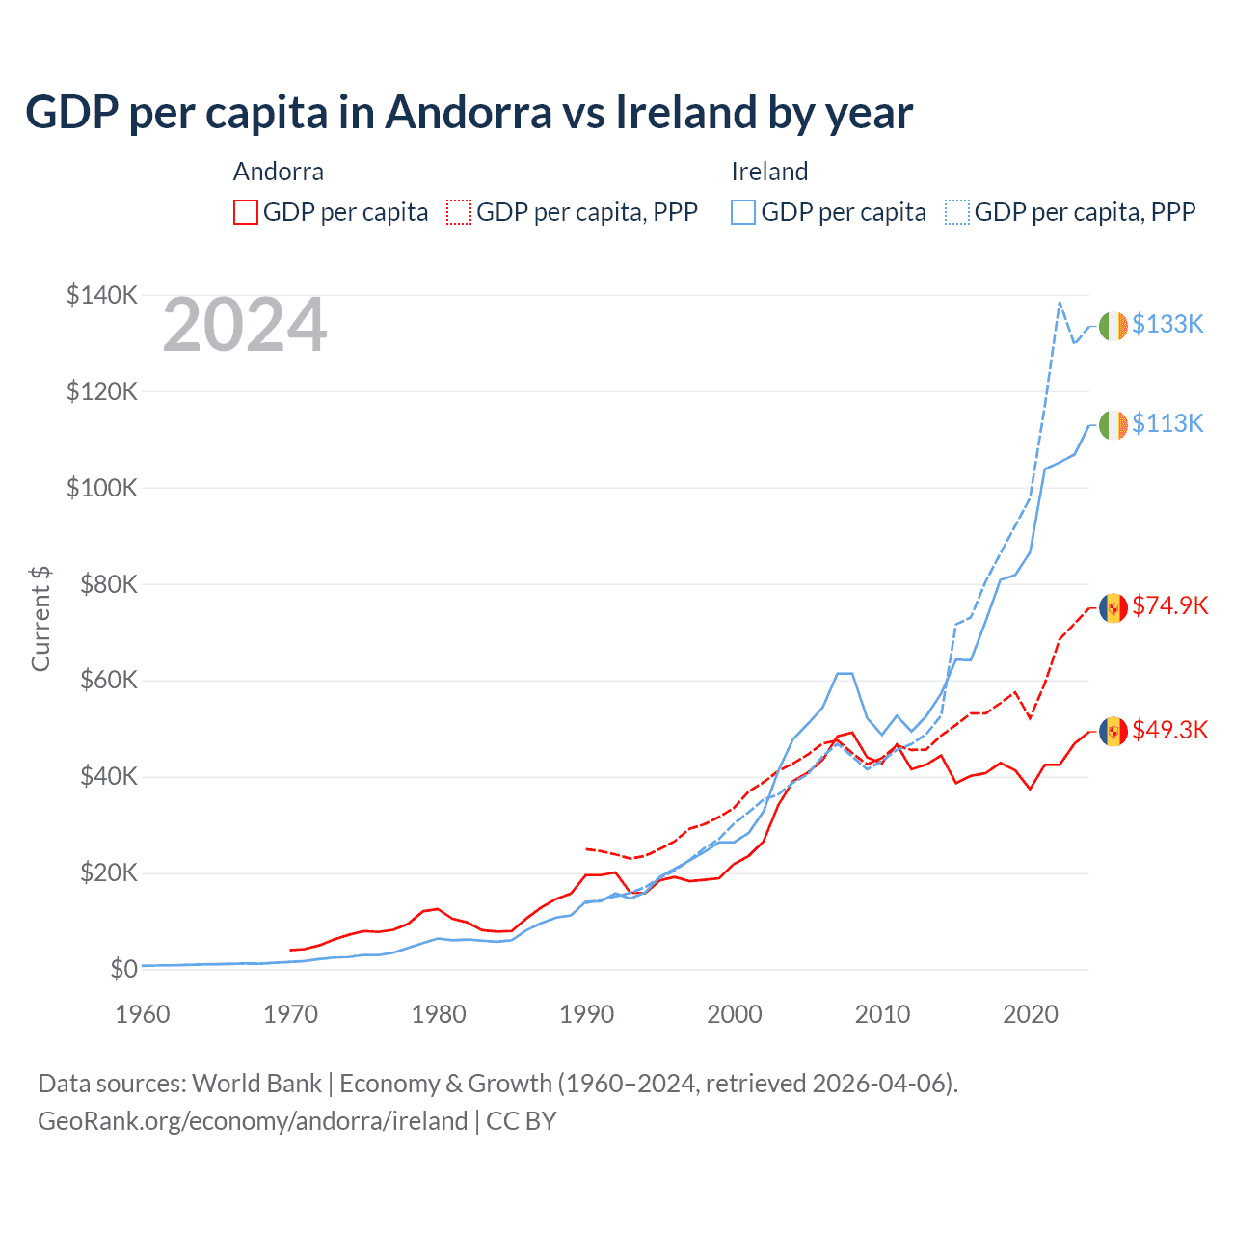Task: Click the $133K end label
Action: [1167, 324]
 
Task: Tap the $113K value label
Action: [1167, 423]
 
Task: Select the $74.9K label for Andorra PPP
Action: [1169, 605]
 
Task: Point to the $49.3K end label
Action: [1169, 730]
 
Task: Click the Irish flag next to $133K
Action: [1113, 326]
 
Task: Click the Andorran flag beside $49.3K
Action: [1113, 732]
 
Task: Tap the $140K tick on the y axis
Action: [102, 295]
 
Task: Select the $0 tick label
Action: [123, 969]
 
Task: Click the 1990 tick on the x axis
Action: [586, 1014]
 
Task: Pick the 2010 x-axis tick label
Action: [882, 1014]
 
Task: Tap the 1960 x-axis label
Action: [143, 1014]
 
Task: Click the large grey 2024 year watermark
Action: [245, 326]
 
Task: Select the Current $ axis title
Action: [40, 619]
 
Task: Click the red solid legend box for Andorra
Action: [246, 212]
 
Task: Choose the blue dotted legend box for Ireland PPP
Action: [957, 212]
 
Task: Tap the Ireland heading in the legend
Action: [769, 172]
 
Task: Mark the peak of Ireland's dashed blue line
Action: [1060, 303]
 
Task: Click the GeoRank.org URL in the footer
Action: [253, 1121]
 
